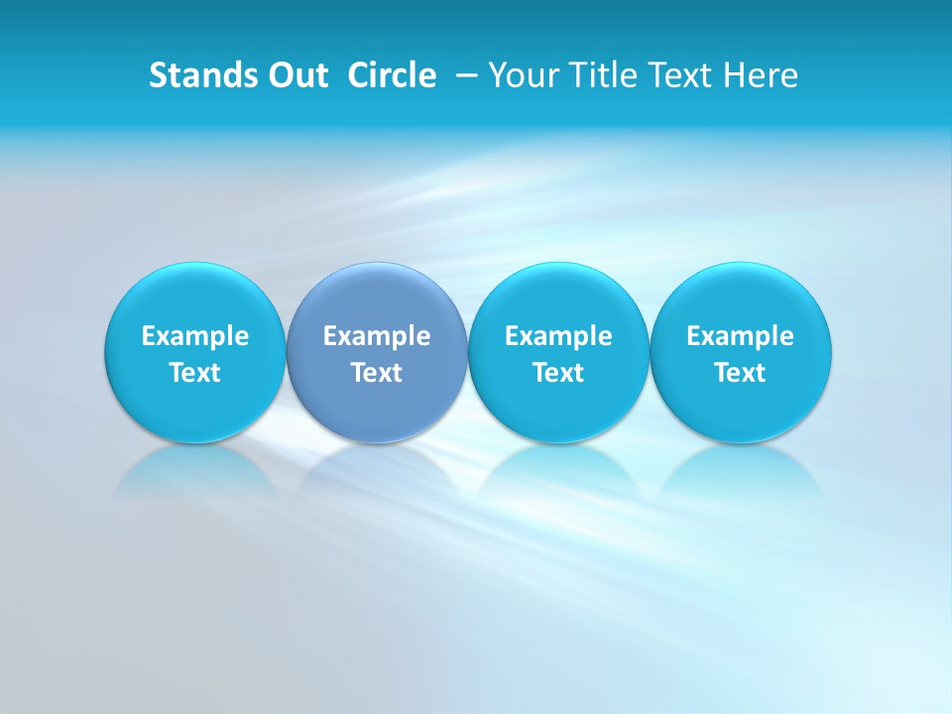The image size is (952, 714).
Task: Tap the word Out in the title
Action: (296, 75)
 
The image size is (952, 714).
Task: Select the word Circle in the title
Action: (392, 75)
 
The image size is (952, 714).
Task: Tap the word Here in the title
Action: (761, 75)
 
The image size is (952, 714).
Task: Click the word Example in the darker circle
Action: (377, 336)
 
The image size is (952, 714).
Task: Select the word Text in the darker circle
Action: (377, 373)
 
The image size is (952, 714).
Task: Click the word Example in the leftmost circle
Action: (195, 336)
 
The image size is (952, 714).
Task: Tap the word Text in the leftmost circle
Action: (195, 373)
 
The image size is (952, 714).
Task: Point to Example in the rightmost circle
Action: (740, 336)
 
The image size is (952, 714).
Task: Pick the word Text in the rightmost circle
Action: (740, 373)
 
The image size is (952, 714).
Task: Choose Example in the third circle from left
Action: (558, 336)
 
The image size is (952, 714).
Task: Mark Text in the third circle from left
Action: (558, 373)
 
